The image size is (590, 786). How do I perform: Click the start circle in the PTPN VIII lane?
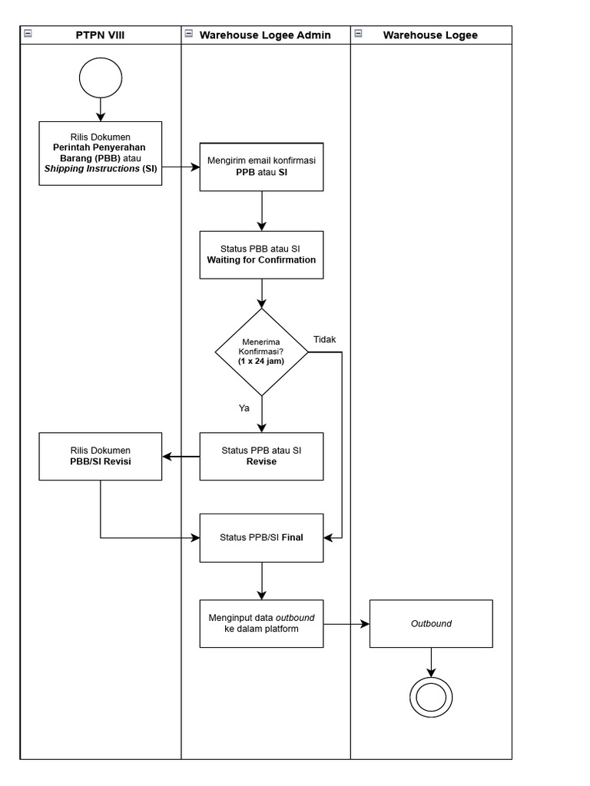coord(100,79)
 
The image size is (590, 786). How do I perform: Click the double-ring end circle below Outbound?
coord(431,695)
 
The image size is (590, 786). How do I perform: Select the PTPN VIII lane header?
coord(100,35)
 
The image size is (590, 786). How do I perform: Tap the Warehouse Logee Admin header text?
coord(265,35)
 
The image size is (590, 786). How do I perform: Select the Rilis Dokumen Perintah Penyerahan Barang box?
coord(101,154)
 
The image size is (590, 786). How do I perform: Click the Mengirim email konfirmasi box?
coord(261,167)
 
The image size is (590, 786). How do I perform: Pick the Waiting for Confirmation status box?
coord(261,254)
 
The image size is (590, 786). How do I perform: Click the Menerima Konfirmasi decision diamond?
coord(261,352)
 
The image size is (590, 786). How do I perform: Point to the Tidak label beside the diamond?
coord(324,339)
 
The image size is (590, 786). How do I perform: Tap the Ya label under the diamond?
coord(244,408)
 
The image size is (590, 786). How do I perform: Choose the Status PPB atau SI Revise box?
coord(261,456)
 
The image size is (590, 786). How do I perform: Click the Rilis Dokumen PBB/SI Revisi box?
coord(101,456)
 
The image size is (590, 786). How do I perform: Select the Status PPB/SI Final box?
coord(261,537)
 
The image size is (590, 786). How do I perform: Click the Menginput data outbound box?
coord(261,623)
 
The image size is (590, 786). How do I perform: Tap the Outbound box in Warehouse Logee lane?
coord(431,623)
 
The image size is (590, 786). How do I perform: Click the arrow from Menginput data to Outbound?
coord(346,624)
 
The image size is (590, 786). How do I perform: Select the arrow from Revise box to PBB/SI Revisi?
coord(181,457)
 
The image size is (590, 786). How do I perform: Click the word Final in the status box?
coord(292,537)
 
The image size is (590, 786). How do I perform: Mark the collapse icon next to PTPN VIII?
coord(28,34)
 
